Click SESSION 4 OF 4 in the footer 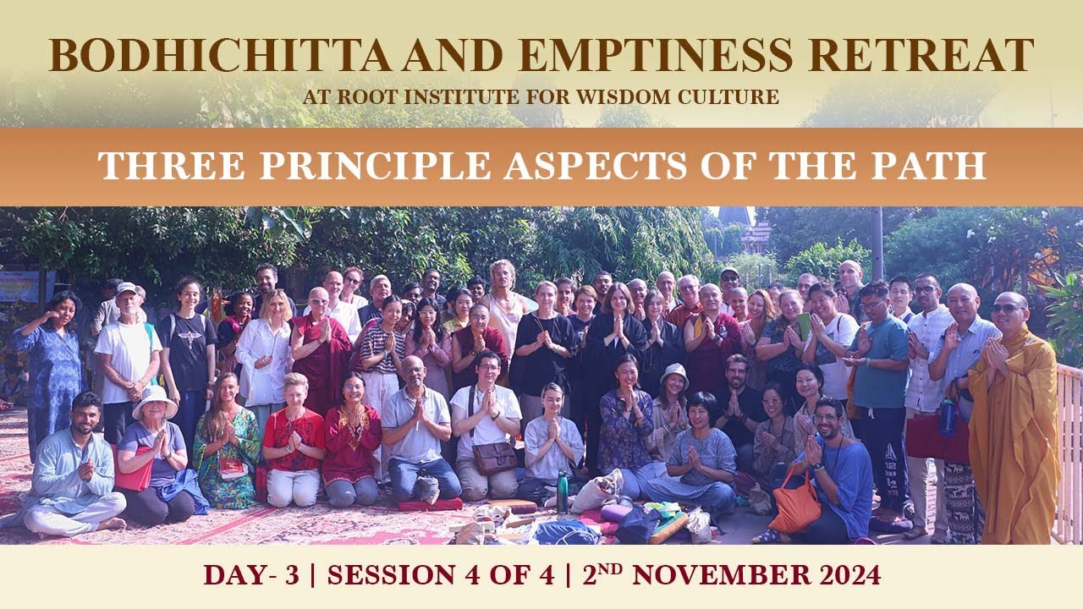441,575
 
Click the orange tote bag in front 794,508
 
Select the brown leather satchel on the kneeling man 495,457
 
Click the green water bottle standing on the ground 562,492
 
